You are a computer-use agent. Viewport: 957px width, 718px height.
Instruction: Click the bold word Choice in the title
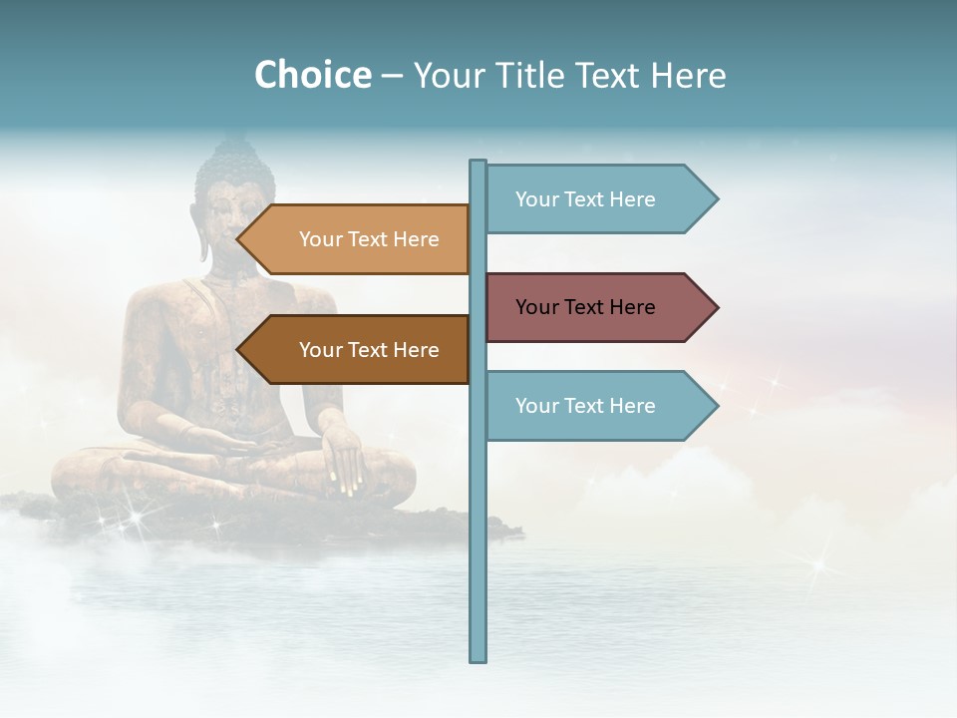pos(312,75)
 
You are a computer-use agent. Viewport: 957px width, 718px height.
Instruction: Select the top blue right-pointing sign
pos(598,199)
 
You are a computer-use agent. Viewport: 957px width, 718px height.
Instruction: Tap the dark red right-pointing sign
pos(598,307)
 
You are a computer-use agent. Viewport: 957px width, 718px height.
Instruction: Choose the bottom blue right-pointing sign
pos(598,406)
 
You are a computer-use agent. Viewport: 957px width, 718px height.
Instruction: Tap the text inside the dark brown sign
pos(369,350)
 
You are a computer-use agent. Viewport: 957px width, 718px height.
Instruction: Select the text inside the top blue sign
pos(585,199)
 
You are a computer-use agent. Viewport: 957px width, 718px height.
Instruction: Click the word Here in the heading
pos(688,75)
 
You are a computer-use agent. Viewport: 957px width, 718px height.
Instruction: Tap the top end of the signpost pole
pos(478,164)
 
